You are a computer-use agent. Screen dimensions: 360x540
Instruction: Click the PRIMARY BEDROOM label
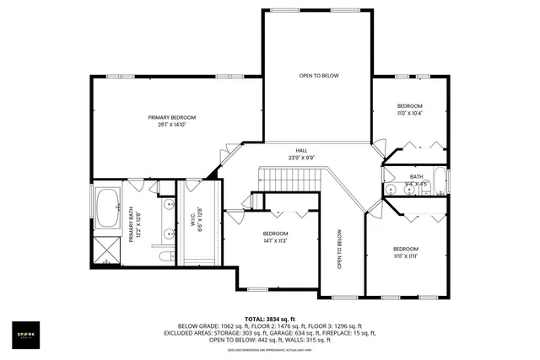click(171, 117)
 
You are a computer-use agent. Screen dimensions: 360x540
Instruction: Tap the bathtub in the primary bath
click(106, 210)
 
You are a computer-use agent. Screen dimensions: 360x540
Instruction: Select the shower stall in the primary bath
click(106, 250)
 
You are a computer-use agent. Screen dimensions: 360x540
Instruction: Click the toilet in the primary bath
click(165, 255)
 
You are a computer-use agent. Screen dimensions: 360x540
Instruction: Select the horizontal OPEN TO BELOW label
click(318, 76)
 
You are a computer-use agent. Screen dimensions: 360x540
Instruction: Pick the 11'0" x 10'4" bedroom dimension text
click(409, 113)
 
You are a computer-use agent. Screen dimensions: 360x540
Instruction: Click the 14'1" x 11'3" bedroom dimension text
click(275, 241)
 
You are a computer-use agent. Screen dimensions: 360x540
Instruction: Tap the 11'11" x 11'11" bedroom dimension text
click(405, 256)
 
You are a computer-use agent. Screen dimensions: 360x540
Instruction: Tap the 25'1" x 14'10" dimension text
click(171, 125)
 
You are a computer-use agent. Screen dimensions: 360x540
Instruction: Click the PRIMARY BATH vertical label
click(132, 226)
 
